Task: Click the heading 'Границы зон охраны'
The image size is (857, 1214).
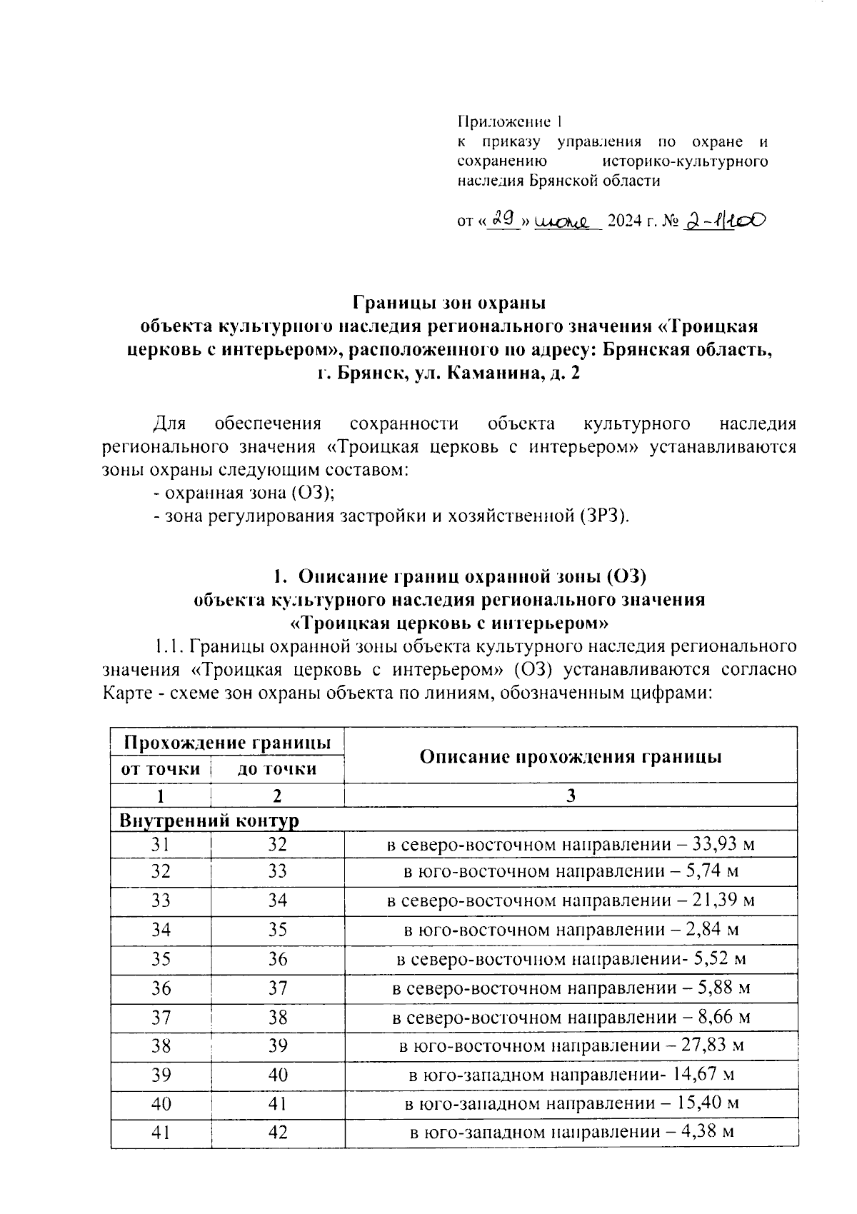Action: [450, 302]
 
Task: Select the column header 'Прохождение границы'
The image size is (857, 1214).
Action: [227, 742]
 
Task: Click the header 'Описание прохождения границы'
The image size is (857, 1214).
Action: [570, 756]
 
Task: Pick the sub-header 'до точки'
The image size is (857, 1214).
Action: [277, 769]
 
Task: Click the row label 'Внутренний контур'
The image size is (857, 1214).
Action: [209, 820]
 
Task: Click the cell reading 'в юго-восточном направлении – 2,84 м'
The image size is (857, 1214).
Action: [570, 930]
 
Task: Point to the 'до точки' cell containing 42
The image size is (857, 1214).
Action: [277, 1133]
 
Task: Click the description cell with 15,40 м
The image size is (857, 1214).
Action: [570, 1104]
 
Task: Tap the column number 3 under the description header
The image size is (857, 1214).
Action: [570, 796]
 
